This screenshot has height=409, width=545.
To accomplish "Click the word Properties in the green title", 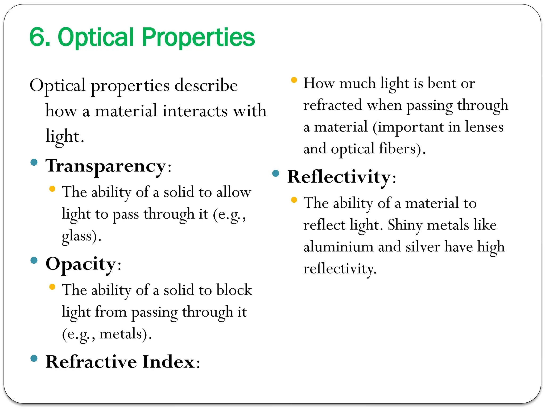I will coord(198,37).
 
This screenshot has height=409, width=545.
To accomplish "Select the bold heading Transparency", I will coord(106,166).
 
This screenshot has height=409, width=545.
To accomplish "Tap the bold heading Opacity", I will coord(81,264).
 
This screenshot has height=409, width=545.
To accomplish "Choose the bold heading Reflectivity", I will coord(339,177).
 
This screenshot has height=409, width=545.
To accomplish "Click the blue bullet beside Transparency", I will coord(34,162).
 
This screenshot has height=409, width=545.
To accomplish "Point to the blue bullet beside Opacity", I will coord(34,260).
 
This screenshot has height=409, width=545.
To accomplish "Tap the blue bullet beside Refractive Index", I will coord(34,358).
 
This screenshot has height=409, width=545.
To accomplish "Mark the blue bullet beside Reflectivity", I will coord(276,173).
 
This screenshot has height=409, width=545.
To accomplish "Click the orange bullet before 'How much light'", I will coord(294,80).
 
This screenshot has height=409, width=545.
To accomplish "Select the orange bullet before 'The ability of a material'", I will coord(294,200).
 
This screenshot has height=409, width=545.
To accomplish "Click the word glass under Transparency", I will coord(77,236).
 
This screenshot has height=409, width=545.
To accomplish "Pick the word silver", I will coord(423,247).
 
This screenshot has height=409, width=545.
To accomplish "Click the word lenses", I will coord(484,127).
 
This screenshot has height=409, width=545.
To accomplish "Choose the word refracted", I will coord(333,105).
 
